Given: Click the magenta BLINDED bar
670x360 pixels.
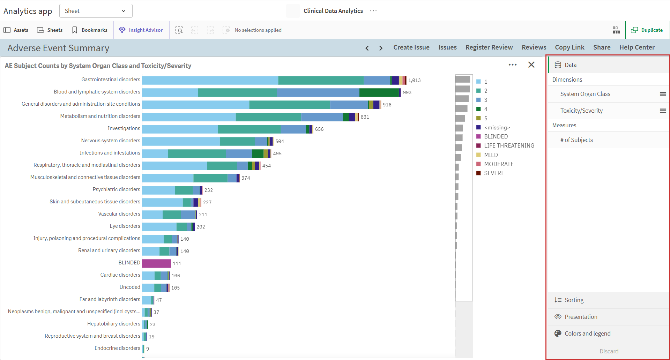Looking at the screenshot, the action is pyautogui.click(x=156, y=263).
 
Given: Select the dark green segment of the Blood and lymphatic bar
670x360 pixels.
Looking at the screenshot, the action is pyautogui.click(x=379, y=92).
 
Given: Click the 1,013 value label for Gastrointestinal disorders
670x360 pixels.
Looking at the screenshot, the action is pyautogui.click(x=415, y=80).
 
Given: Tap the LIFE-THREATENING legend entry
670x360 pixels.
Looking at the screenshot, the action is pyautogui.click(x=505, y=145).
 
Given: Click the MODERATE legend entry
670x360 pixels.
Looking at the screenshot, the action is pyautogui.click(x=495, y=164).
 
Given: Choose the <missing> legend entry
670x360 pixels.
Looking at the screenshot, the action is pyautogui.click(x=493, y=127).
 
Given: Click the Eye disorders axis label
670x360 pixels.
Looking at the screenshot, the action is pyautogui.click(x=125, y=226).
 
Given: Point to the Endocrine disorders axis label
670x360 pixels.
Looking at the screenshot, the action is pyautogui.click(x=117, y=348).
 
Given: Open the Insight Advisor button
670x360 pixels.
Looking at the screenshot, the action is pyautogui.click(x=141, y=30).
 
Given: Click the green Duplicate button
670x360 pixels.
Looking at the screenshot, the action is pyautogui.click(x=647, y=30).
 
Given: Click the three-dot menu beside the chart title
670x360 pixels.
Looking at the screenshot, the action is pyautogui.click(x=513, y=65).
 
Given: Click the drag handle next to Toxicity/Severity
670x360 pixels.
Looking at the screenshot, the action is pyautogui.click(x=663, y=111).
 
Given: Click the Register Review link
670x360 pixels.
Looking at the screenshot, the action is pyautogui.click(x=489, y=47).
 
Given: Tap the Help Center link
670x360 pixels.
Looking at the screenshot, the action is pyautogui.click(x=637, y=47).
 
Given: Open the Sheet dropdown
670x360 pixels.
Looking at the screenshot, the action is pyautogui.click(x=96, y=11).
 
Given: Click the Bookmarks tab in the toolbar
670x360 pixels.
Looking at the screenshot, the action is pyautogui.click(x=90, y=30).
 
